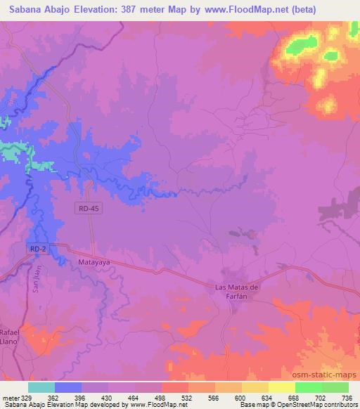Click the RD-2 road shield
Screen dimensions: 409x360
[x=39, y=249]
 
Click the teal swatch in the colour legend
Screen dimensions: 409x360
[x=41, y=387]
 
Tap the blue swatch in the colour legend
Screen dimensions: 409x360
[x=68, y=387]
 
